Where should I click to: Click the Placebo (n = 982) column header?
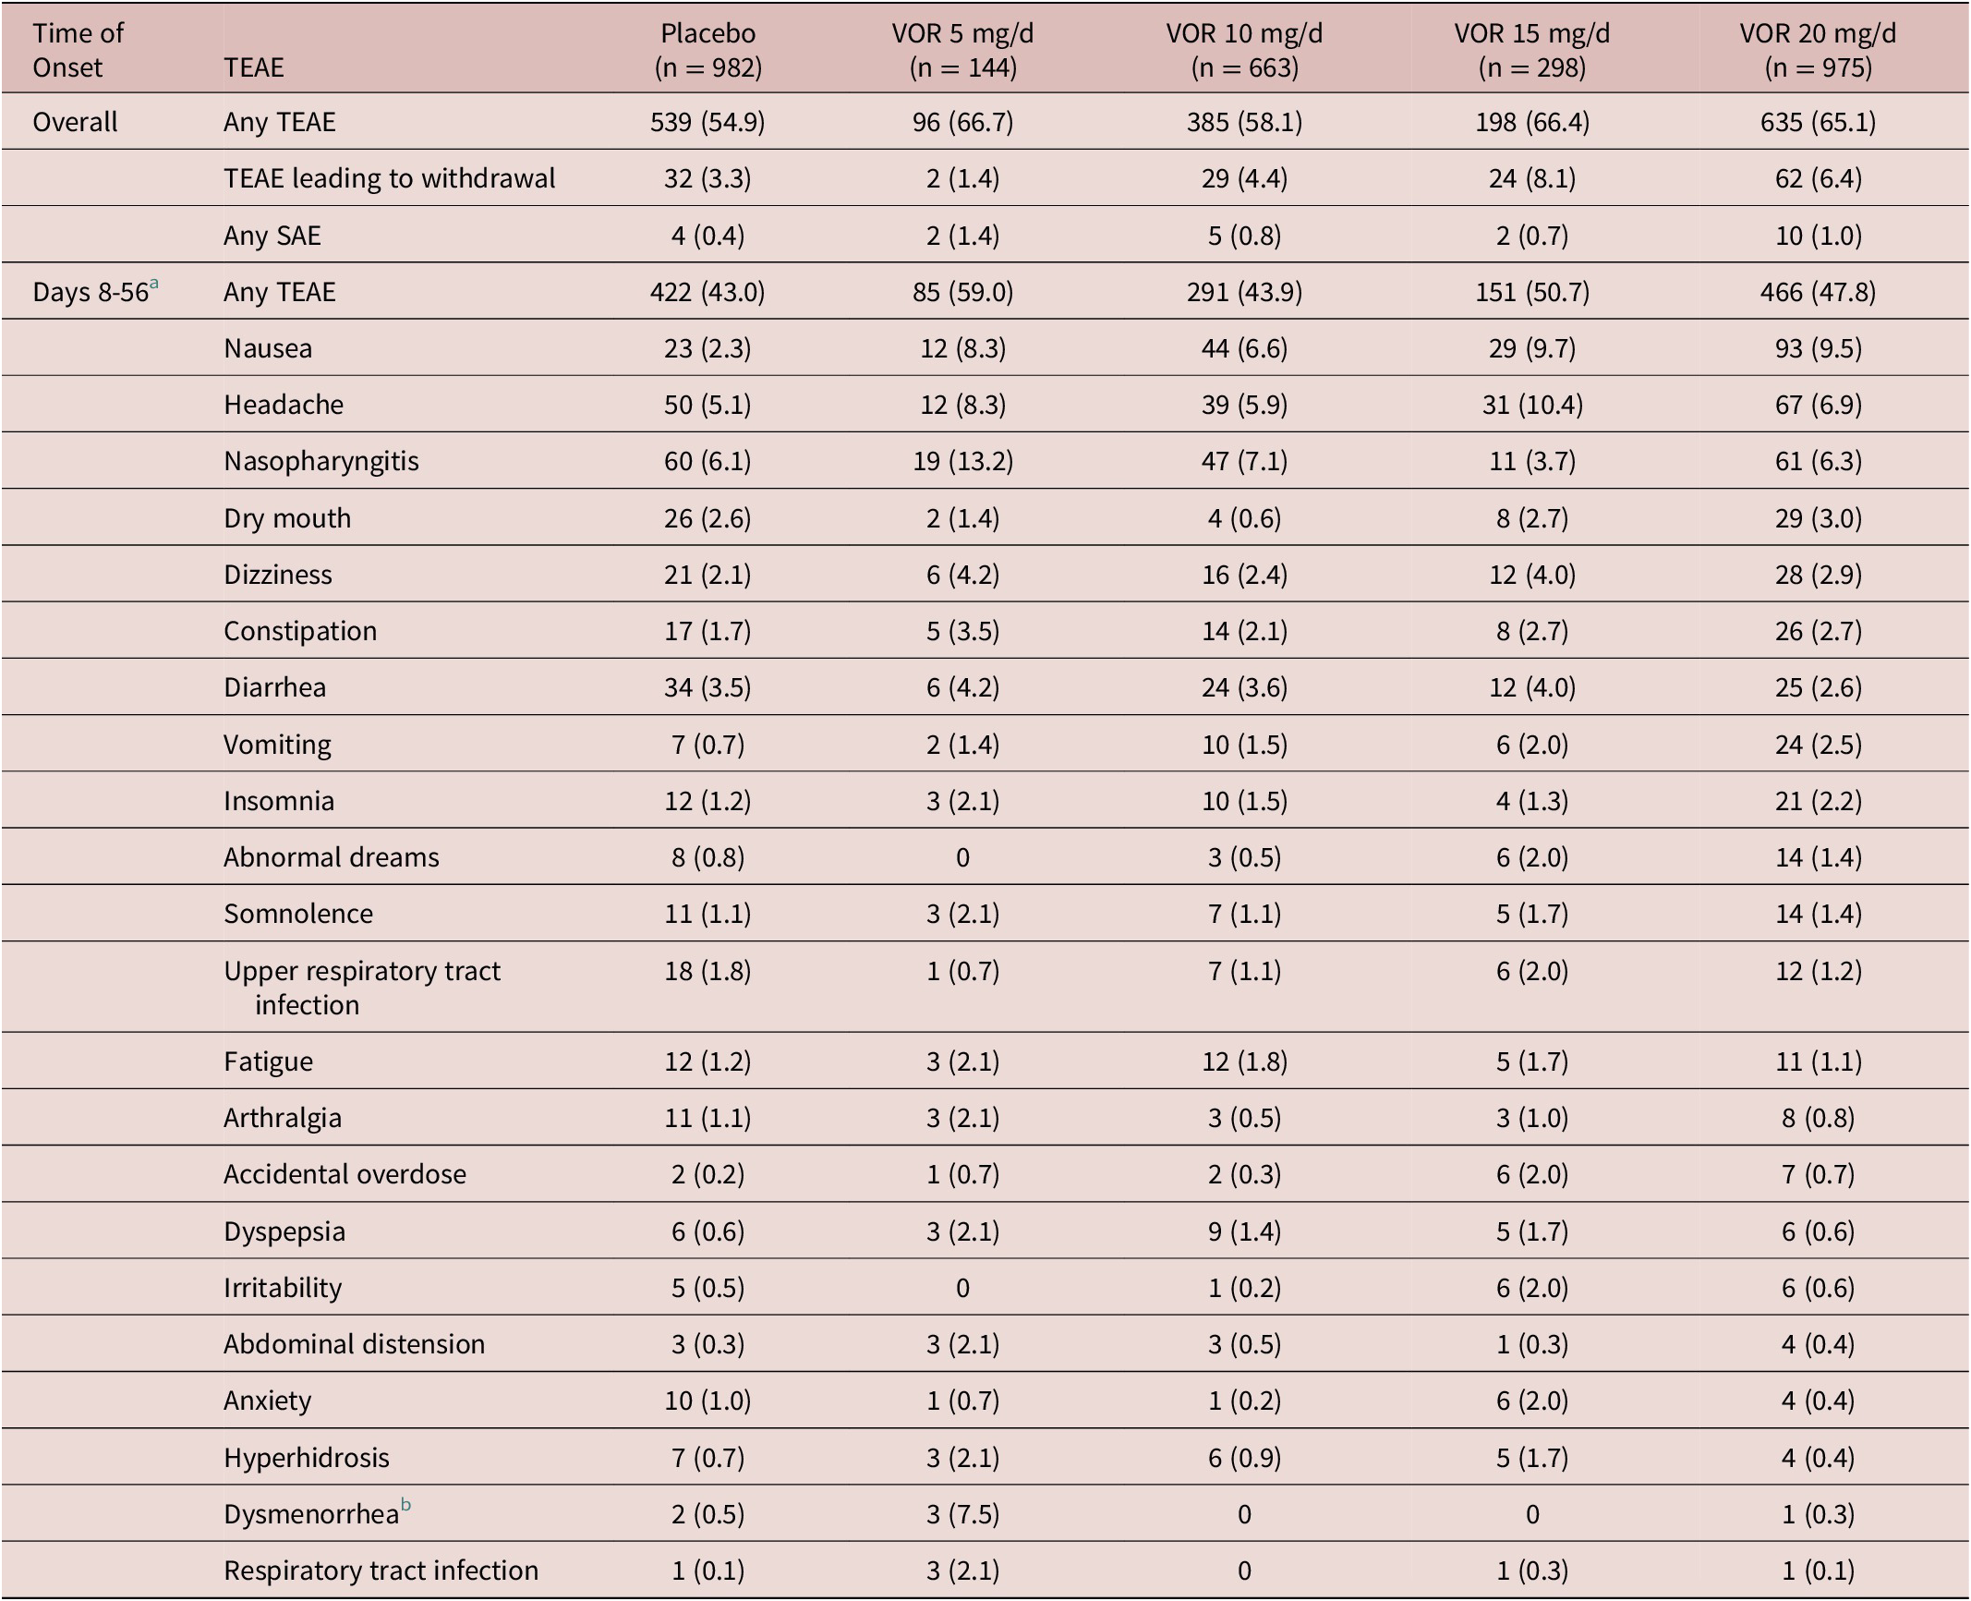(x=707, y=50)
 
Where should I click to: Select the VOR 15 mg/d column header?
(x=1531, y=50)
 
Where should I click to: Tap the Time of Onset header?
(x=78, y=50)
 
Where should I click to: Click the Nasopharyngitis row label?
(x=320, y=461)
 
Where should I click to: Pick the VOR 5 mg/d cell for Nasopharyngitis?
(x=962, y=461)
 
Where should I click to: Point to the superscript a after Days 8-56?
(x=154, y=285)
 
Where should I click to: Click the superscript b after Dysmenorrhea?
(x=405, y=1506)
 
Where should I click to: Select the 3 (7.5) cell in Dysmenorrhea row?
(x=962, y=1514)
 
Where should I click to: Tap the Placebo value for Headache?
(x=707, y=405)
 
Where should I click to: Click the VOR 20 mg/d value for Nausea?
(x=1818, y=348)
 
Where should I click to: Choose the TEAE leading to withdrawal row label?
(x=389, y=178)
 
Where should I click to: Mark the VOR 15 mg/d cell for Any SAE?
(x=1531, y=236)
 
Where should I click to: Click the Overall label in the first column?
(x=75, y=122)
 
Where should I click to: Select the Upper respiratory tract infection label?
(x=361, y=987)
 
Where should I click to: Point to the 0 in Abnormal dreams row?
(x=962, y=857)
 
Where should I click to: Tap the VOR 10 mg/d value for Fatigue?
(x=1244, y=1061)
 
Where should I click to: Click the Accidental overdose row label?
(x=345, y=1174)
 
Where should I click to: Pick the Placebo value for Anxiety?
(x=707, y=1401)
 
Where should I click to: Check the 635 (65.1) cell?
(x=1818, y=122)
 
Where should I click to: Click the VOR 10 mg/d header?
(x=1244, y=50)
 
